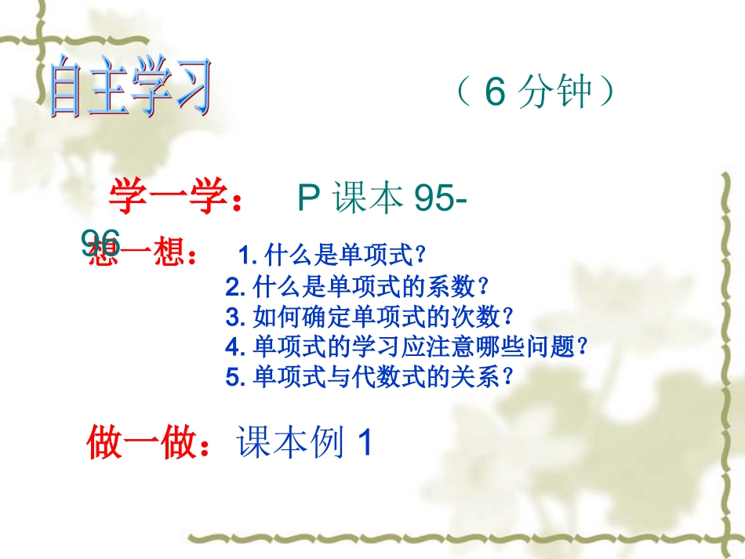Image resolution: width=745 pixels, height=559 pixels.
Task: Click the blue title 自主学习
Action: [130, 93]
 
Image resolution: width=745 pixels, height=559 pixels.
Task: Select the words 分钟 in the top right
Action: [556, 93]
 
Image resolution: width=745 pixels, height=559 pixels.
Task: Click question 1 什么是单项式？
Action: [333, 255]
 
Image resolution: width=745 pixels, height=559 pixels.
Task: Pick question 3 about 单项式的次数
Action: [370, 317]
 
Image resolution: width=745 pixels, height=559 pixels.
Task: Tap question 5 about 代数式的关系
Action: [370, 377]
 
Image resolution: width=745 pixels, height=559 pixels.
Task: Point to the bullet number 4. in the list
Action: [236, 347]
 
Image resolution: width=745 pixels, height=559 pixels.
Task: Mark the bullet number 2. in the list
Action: [236, 287]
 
